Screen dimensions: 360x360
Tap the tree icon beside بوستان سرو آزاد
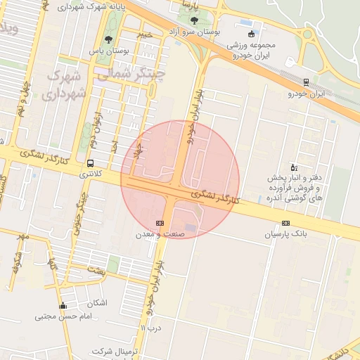(x=194, y=20)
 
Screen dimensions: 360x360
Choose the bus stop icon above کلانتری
(x=89, y=162)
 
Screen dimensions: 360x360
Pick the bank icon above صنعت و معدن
(x=160, y=222)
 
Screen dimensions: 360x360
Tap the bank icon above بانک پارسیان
(x=285, y=222)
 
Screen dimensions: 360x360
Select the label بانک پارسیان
(x=285, y=233)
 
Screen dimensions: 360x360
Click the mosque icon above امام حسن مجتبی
(x=63, y=305)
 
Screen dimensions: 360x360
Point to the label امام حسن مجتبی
(x=63, y=316)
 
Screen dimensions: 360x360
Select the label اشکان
(x=97, y=303)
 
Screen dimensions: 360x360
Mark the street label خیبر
(x=144, y=34)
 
